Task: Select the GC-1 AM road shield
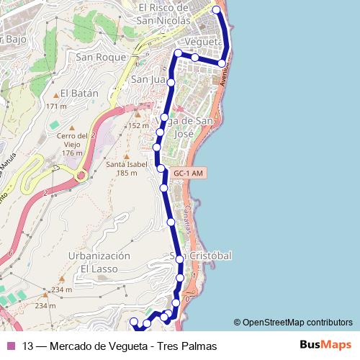(x=189, y=173)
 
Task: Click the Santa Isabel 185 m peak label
(x=121, y=168)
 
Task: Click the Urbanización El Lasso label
(x=99, y=262)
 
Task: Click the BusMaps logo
(x=325, y=346)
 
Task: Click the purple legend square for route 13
(x=10, y=346)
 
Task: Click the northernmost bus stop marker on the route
(x=217, y=9)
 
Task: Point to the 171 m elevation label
(x=56, y=107)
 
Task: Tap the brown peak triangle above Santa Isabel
(x=126, y=155)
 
